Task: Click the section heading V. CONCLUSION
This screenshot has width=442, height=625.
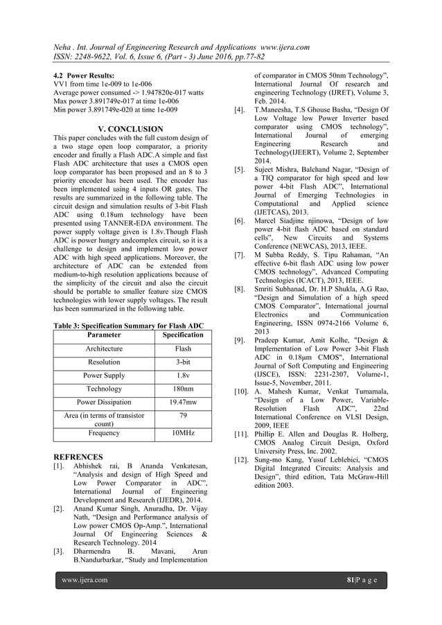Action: (131, 129)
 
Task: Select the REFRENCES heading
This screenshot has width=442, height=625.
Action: (78, 457)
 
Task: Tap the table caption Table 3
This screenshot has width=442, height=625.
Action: (128, 325)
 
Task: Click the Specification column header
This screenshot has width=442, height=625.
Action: (183, 335)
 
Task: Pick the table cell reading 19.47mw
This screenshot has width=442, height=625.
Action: (183, 402)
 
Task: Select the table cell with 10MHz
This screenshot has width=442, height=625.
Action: (183, 433)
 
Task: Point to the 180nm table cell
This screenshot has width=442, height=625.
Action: (183, 389)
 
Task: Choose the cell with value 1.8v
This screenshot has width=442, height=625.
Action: (183, 376)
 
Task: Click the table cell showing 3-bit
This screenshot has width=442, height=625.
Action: (183, 362)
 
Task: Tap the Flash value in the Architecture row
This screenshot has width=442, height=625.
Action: (183, 349)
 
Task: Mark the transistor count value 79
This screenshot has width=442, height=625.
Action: (183, 416)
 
